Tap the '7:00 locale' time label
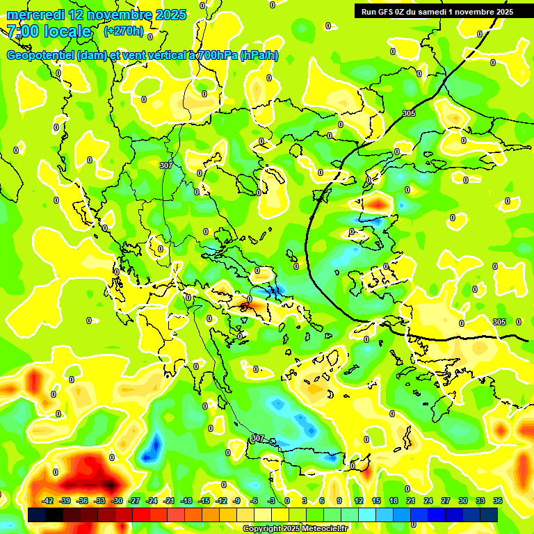click(x=49, y=31)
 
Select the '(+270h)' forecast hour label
click(x=124, y=31)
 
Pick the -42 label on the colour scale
click(x=48, y=501)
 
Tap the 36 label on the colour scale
click(x=497, y=501)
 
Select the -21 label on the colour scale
click(x=168, y=501)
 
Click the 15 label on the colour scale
click(x=376, y=501)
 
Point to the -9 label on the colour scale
click(x=237, y=501)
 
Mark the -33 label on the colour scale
click(x=99, y=501)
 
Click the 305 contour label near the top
click(x=409, y=113)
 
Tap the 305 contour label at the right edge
click(x=499, y=322)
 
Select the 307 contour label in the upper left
click(x=165, y=165)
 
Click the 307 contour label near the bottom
click(x=258, y=438)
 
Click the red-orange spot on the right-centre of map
click(x=378, y=203)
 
